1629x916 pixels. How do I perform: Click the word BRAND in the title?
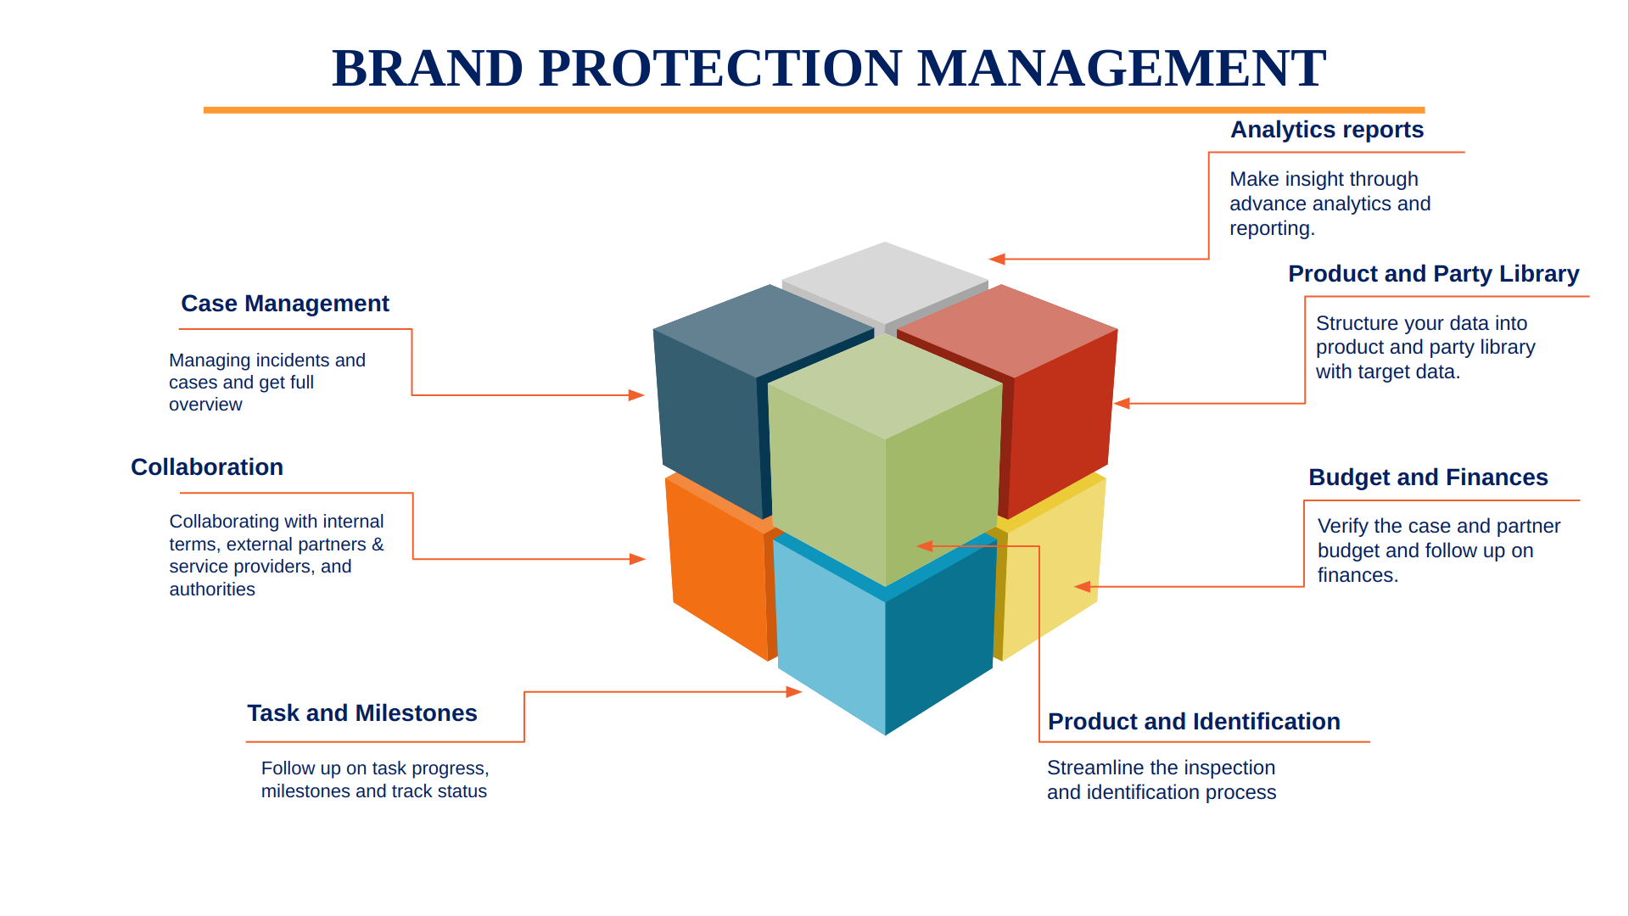[x=427, y=68]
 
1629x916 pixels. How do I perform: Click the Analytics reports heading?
[x=1326, y=130]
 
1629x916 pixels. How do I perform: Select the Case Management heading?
[x=284, y=304]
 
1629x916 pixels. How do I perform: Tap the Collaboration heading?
[x=206, y=467]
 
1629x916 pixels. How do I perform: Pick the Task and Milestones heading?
[x=361, y=713]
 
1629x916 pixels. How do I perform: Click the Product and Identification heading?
[x=1193, y=722]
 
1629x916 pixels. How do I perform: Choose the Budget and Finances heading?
[x=1427, y=478]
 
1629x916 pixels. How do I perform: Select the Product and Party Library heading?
[x=1433, y=274]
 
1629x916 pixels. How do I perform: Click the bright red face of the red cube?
[x=1061, y=416]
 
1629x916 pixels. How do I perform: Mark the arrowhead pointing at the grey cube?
[x=996, y=260]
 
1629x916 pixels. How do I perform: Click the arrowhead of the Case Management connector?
[x=637, y=395]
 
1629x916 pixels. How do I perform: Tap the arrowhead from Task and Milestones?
[x=795, y=692]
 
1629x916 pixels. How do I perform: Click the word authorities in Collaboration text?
[x=212, y=589]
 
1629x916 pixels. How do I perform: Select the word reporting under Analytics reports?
[x=1271, y=229]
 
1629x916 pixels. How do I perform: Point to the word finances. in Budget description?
[x=1357, y=576]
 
